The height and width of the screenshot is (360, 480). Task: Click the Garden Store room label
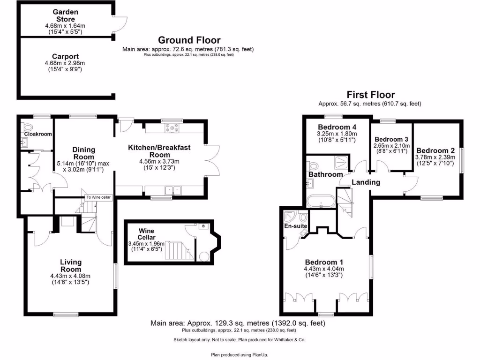click(x=65, y=15)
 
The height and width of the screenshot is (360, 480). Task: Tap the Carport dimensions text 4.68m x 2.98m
click(x=65, y=63)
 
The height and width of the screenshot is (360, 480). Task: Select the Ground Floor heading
click(x=189, y=40)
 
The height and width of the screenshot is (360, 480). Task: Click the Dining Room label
click(x=83, y=153)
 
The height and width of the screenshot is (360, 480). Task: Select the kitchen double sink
click(x=172, y=191)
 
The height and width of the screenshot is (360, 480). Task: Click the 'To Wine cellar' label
click(x=98, y=197)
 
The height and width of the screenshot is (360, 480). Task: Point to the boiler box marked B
click(x=203, y=226)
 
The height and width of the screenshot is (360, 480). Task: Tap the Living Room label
click(x=71, y=266)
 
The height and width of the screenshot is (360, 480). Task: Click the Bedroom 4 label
click(x=333, y=127)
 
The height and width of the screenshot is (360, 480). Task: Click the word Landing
click(x=366, y=182)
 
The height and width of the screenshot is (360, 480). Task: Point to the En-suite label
click(x=296, y=226)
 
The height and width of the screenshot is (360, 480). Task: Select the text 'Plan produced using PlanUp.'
click(x=240, y=354)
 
